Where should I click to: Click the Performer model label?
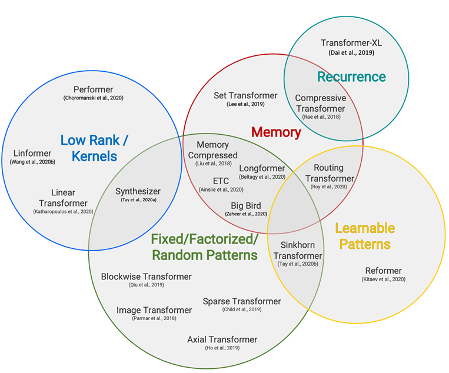tap(93, 89)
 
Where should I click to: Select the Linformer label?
tap(32, 153)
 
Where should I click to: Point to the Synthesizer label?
tap(138, 191)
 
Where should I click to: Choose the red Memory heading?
tap(276, 132)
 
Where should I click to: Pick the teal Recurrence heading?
tap(351, 77)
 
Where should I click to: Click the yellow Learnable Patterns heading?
tap(364, 235)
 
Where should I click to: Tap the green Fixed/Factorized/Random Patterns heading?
tap(204, 247)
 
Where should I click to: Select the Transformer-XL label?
tap(351, 43)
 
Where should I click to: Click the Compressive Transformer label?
tap(321, 103)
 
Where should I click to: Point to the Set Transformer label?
tap(245, 95)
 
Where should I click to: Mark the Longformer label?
tap(262, 168)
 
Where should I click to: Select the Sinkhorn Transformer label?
tap(298, 251)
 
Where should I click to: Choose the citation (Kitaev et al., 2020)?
tap(383, 279)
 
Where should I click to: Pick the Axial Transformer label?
tap(222, 339)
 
